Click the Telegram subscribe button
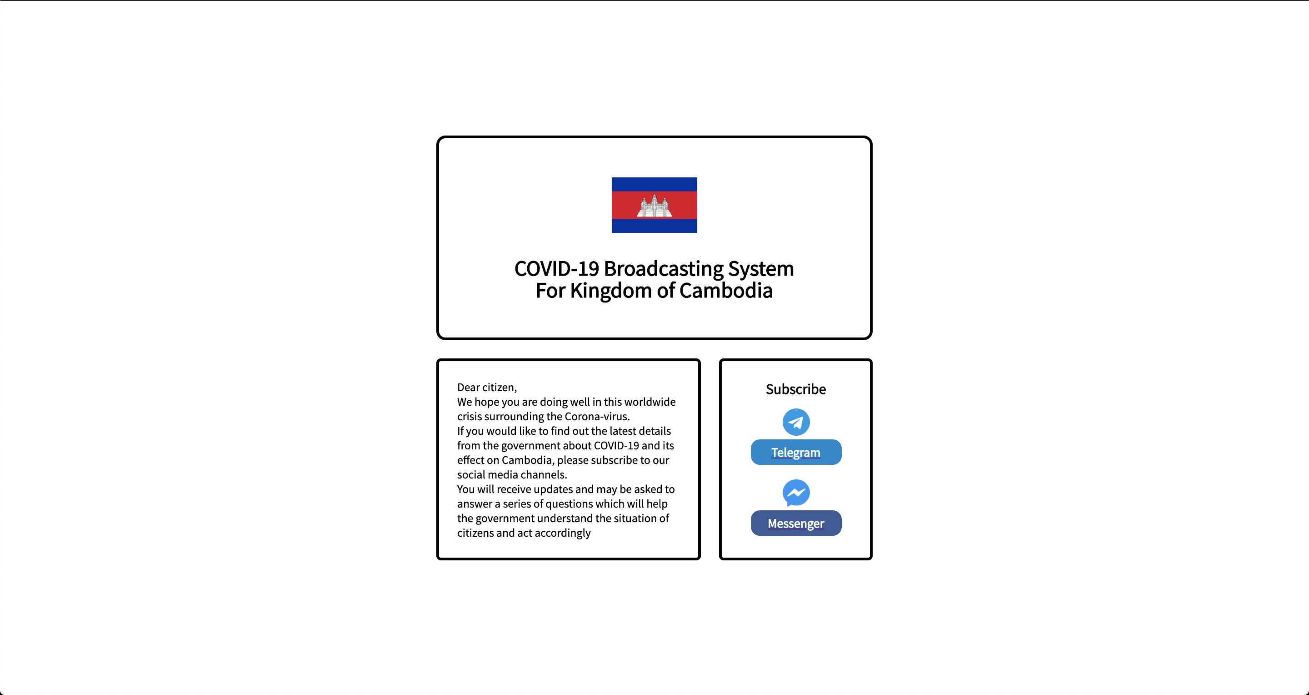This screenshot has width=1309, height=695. tap(796, 452)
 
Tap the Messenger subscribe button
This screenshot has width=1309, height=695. tap(796, 523)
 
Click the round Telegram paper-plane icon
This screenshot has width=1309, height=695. tap(796, 422)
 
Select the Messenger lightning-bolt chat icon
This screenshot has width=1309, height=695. tap(796, 493)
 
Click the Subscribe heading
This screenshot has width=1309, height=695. tap(796, 389)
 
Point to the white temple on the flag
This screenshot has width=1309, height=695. tap(654, 206)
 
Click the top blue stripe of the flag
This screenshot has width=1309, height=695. tap(654, 184)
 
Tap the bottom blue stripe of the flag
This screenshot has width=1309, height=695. tap(654, 226)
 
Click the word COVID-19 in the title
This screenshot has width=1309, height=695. tap(557, 268)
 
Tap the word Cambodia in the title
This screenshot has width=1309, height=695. tap(726, 290)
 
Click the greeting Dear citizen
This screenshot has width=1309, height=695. tap(487, 388)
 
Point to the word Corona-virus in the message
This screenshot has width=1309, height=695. tap(597, 416)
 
